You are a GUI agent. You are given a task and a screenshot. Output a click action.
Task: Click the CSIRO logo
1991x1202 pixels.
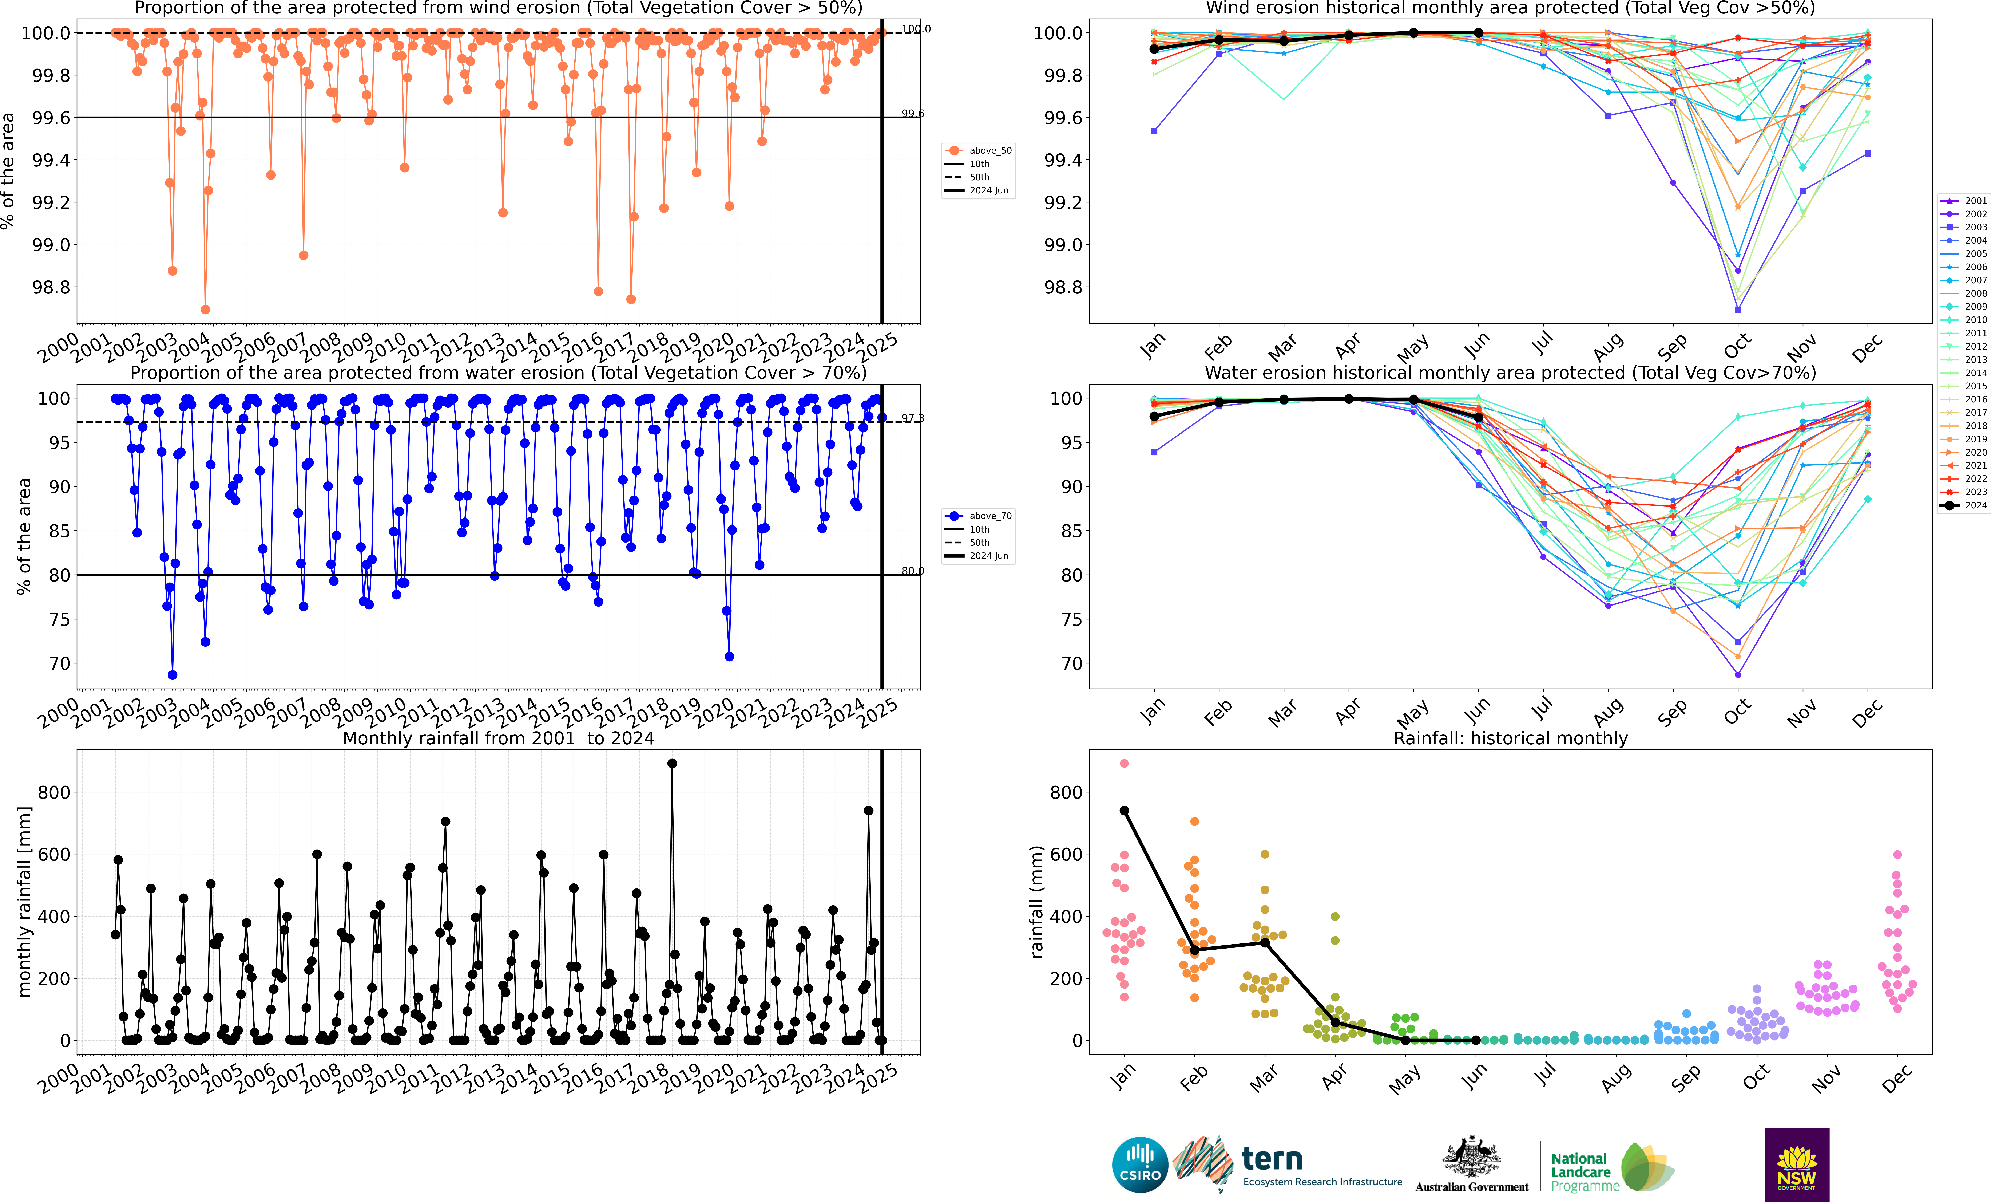(x=1139, y=1165)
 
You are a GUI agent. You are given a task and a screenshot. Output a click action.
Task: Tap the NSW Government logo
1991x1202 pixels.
(x=1796, y=1165)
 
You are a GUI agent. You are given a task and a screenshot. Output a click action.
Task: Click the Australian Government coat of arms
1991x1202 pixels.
(x=1471, y=1158)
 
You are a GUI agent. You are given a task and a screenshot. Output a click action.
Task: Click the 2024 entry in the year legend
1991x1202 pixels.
(x=1968, y=505)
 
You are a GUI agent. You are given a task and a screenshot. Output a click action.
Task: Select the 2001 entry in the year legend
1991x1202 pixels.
(x=1968, y=200)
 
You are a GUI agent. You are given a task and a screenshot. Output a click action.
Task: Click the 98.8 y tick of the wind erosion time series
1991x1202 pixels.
(x=50, y=287)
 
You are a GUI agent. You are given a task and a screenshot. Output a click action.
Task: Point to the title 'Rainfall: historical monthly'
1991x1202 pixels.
(x=1510, y=738)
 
